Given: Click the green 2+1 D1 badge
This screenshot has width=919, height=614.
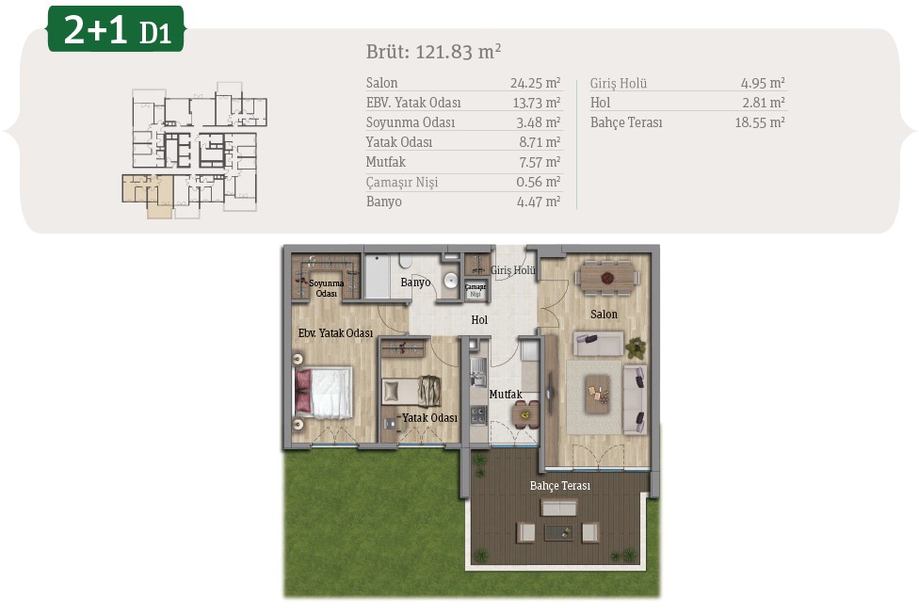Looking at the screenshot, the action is click(116, 29).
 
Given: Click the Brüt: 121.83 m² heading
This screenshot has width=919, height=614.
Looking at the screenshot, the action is click(434, 52).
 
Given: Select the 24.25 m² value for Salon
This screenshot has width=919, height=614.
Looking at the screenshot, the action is click(535, 83).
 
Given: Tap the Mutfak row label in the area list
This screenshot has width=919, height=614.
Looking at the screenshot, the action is click(386, 162).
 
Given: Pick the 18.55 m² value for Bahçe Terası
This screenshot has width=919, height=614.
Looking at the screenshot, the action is click(760, 122).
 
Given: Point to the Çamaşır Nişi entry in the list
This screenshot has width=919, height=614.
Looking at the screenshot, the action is click(401, 182).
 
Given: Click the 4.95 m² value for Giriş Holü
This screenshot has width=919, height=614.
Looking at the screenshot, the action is click(763, 83).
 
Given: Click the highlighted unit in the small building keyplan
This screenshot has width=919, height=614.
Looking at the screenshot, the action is click(148, 195).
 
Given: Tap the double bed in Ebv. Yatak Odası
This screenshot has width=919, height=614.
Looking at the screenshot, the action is click(324, 393).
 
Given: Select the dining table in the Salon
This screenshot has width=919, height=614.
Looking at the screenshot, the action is click(606, 276).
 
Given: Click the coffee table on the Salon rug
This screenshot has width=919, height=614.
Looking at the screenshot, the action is click(597, 395).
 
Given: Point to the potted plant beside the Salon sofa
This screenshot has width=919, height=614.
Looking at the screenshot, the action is click(636, 347).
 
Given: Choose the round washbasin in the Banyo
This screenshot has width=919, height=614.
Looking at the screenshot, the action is click(450, 281).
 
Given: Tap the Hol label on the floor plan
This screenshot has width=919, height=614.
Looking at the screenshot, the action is click(479, 319).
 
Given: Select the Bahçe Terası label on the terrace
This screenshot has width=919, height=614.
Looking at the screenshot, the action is click(559, 486).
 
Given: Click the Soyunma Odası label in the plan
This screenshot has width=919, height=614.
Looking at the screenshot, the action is click(327, 288).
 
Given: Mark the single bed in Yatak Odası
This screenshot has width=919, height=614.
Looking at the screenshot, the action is click(411, 391).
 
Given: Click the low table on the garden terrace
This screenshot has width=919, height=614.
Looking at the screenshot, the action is click(558, 532).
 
